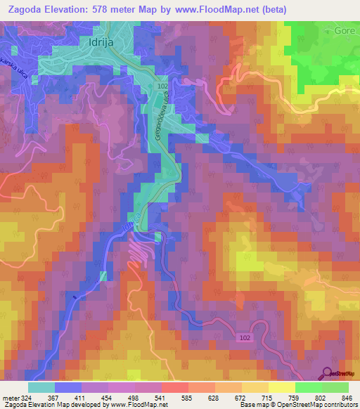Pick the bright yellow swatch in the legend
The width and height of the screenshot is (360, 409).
tap(281, 387)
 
